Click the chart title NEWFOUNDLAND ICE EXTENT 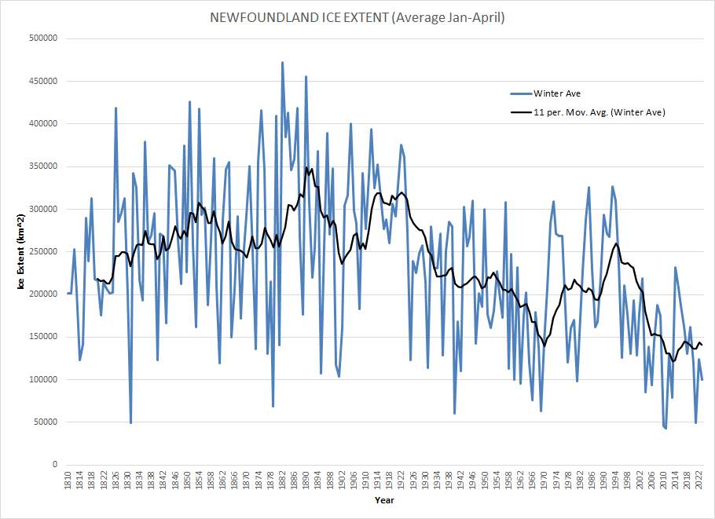(x=357, y=17)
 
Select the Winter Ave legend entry (x=555, y=93)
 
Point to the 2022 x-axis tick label (x=698, y=479)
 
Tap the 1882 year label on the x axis (x=282, y=479)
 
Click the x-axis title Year (x=384, y=500)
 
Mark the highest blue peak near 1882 (x=282, y=62)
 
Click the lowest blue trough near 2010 (x=665, y=429)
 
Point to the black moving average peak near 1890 (x=306, y=167)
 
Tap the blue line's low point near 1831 (x=130, y=422)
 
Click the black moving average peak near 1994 (x=615, y=243)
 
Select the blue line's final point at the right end (x=702, y=380)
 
